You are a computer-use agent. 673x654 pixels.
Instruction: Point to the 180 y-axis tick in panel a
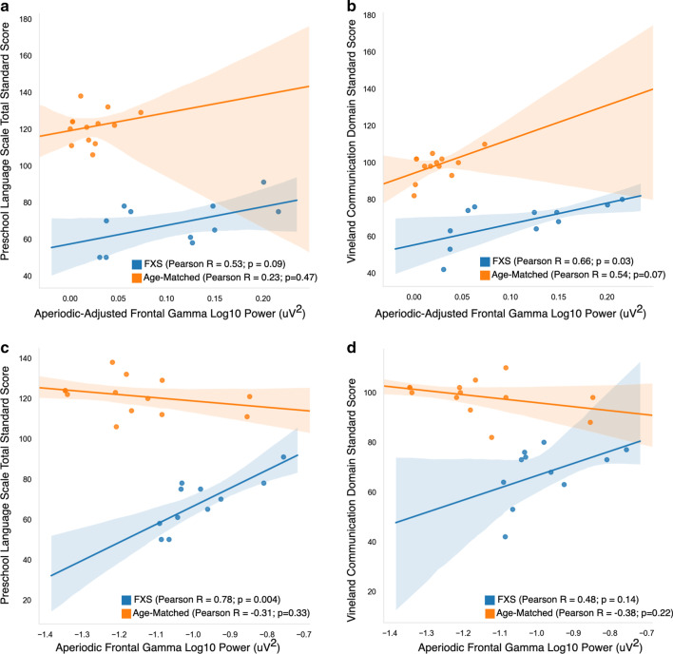26,19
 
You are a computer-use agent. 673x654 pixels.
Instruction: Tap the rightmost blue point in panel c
283,457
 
